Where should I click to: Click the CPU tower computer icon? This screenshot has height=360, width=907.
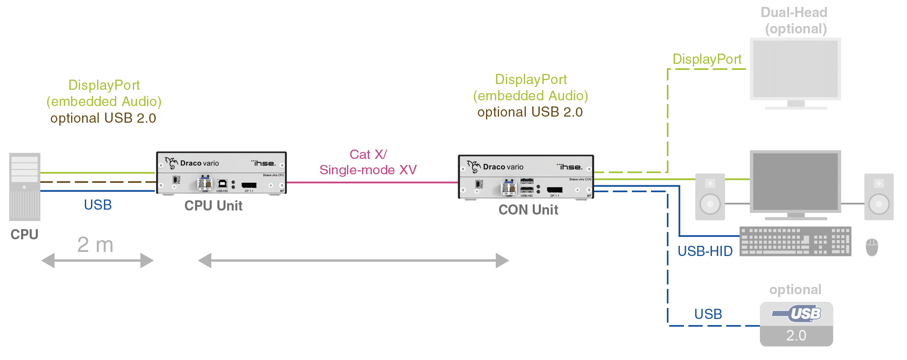point(25,187)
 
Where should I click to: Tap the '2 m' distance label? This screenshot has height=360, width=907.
point(95,245)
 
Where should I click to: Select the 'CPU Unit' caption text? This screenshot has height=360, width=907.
point(213,206)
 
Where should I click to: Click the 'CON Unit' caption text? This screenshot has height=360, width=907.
point(528,210)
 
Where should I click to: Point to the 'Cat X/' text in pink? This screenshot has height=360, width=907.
point(368,154)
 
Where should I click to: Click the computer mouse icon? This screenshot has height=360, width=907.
point(872,247)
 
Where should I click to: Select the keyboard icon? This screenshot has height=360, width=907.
point(795,241)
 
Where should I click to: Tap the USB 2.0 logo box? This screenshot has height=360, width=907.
point(796,324)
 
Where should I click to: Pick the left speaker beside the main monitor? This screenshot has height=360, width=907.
point(710,197)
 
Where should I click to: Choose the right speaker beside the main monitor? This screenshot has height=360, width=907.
point(879,197)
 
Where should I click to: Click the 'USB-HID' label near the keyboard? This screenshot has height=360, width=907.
point(705,251)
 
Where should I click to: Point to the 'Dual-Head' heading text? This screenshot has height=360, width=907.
point(794,13)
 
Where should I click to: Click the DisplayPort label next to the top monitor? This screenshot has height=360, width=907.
point(707,59)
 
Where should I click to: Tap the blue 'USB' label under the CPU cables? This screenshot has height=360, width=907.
point(98,205)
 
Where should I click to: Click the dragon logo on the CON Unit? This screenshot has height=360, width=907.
point(473,166)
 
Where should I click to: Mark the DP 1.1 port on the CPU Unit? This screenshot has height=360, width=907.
point(249,185)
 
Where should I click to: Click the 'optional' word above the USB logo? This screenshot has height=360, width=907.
point(795,290)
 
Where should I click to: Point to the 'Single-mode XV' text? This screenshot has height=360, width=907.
point(368,170)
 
